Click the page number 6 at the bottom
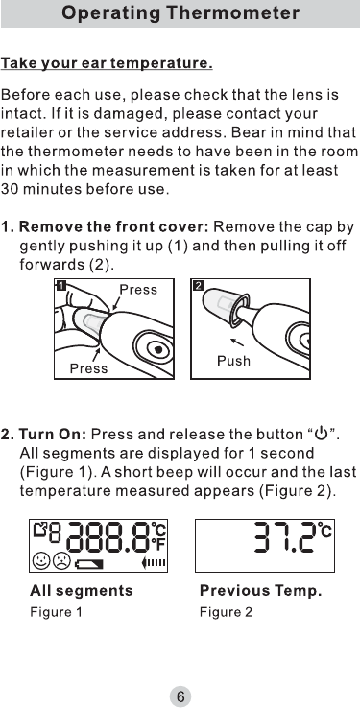coord(180,696)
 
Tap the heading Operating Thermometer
coord(180,13)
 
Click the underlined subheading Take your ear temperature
coord(107,63)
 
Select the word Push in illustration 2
coord(233,361)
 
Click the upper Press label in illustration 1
coord(138,290)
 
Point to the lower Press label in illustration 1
coord(88,369)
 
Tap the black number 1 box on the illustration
coord(61,285)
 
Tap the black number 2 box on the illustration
coord(198,285)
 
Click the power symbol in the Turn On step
coord(322,434)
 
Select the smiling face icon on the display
coord(41,562)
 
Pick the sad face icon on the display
coord(61,562)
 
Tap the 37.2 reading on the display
coord(283,537)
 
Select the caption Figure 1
coord(56,612)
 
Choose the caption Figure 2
coord(226,612)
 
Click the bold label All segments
coord(82,591)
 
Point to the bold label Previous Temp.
coord(260,591)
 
